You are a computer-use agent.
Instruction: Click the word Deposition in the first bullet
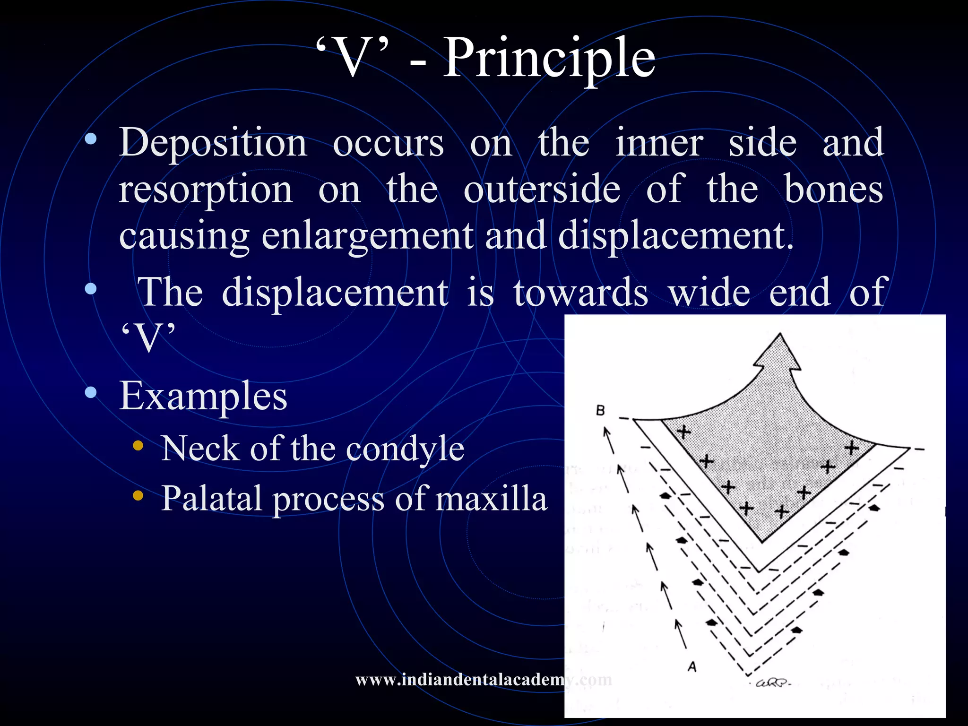click(213, 142)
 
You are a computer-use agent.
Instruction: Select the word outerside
click(542, 189)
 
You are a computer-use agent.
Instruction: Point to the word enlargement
click(367, 236)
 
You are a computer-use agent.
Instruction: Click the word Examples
click(203, 396)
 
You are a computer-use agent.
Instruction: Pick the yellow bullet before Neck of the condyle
click(138, 446)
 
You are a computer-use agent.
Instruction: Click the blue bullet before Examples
click(91, 392)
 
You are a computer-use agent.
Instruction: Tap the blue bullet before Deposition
click(91, 139)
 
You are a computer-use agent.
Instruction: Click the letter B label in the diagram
click(600, 410)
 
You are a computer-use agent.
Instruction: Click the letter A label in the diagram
click(692, 667)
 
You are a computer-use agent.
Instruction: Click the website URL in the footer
click(483, 680)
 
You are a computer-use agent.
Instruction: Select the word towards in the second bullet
click(580, 292)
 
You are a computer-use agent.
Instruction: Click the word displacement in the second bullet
click(335, 292)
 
